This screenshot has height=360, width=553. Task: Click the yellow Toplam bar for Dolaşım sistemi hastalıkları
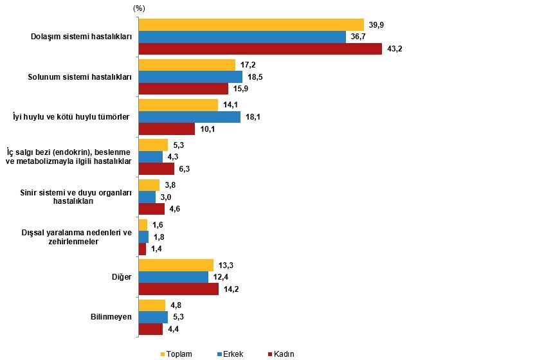(251, 24)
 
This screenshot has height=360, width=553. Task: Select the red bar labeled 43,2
(260, 49)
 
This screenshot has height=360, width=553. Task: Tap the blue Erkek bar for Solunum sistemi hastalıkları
(190, 76)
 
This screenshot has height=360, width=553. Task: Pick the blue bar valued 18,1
(189, 116)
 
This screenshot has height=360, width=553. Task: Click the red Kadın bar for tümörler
(167, 129)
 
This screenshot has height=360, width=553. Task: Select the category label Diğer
(122, 276)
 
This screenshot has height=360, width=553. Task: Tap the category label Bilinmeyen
(111, 317)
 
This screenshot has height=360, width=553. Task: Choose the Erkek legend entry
(231, 354)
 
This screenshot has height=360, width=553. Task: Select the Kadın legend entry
(283, 354)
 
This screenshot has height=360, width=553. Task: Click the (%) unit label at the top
(139, 8)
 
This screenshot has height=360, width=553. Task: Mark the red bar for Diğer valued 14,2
(179, 289)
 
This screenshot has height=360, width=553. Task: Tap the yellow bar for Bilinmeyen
(151, 305)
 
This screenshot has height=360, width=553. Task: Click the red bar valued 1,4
(142, 249)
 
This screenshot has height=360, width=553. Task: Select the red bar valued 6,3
(156, 168)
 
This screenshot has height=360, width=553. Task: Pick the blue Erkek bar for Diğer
(174, 276)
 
